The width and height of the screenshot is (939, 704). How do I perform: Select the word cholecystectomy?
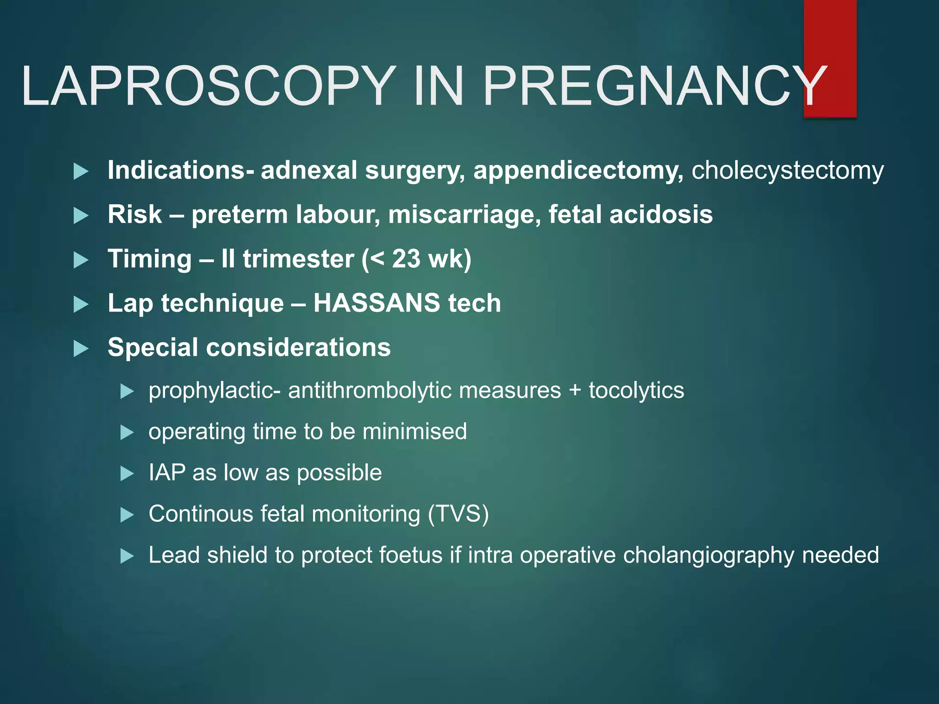[787, 171]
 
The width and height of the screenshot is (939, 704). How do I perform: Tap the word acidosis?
[661, 214]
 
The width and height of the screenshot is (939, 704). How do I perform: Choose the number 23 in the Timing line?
[406, 258]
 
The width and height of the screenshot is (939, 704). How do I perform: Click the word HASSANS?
[376, 303]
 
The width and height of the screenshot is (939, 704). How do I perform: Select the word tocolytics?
[636, 390]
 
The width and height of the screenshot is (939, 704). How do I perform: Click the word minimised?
[414, 431]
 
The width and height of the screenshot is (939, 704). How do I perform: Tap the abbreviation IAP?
[167, 473]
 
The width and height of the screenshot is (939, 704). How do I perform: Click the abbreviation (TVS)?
[458, 514]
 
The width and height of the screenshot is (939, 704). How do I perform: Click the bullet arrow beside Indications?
[81, 172]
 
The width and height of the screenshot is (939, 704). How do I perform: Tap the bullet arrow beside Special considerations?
[81, 349]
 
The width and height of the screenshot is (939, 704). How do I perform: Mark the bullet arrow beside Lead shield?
[127, 556]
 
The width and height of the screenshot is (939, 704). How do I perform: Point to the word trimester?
[298, 258]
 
